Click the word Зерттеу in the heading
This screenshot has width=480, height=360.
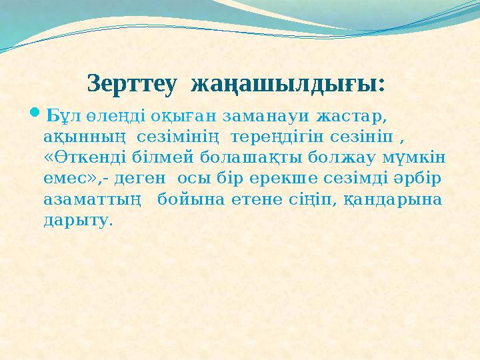(132, 85)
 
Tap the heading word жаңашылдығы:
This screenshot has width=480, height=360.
(288, 85)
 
